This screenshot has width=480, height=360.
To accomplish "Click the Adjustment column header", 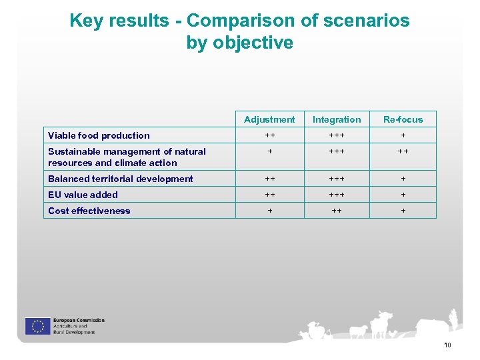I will [269, 119].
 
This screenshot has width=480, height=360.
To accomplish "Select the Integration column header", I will [337, 119].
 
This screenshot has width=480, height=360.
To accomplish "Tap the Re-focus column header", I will [403, 119].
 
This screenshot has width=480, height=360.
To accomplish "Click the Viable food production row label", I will [99, 135].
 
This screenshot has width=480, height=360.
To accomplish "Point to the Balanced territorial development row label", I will [120, 179].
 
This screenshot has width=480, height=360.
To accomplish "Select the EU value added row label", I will [83, 195].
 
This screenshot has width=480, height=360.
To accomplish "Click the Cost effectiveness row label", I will [89, 211].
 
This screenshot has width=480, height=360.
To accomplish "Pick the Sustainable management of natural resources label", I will [127, 157].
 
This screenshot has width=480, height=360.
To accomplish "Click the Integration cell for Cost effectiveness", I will [337, 211].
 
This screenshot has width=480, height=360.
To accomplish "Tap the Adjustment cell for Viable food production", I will [269, 135].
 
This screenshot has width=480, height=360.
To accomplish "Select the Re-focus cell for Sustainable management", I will [403, 152].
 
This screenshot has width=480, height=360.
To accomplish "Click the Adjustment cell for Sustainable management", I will [269, 152].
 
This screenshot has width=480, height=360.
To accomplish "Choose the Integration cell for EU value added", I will [337, 195].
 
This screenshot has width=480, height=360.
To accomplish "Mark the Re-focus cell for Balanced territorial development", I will [403, 179].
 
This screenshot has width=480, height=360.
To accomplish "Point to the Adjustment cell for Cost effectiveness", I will [269, 211].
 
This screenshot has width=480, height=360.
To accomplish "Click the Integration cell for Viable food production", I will [337, 135].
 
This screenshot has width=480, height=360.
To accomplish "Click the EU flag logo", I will [37, 326].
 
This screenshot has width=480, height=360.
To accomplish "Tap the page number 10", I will [447, 345].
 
